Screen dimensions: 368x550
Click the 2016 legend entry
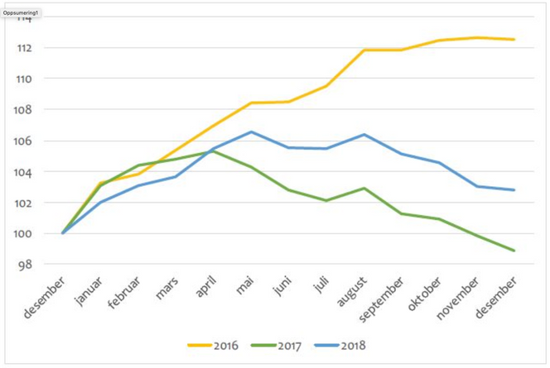[213, 346]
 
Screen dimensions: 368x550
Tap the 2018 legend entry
[341, 346]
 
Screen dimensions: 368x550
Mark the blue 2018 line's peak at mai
[252, 131]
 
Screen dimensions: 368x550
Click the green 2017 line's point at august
[364, 189]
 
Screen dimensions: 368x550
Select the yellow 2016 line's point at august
[364, 50]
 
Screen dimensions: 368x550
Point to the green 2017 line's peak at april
[214, 151]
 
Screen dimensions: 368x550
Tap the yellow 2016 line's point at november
[477, 37]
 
